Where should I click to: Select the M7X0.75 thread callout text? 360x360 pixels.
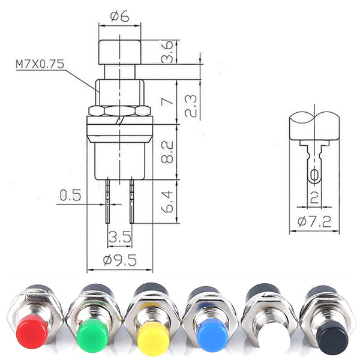tap(40, 63)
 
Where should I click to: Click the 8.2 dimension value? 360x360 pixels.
tap(169, 152)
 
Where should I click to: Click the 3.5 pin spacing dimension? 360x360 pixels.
tap(119, 238)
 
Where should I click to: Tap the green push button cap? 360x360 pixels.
tap(93, 333)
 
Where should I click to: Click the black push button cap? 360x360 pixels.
tap(334, 338)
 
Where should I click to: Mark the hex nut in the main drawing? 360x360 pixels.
tap(119, 111)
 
